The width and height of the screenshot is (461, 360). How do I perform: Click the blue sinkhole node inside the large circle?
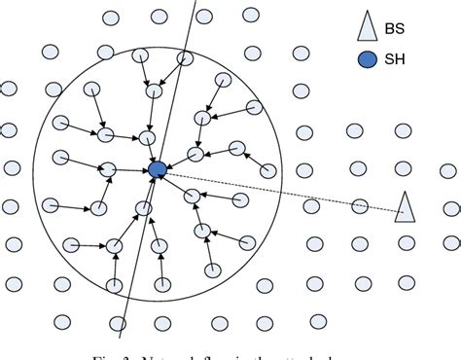click(x=158, y=170)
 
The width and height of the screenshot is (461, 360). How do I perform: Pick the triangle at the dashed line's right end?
click(x=405, y=206)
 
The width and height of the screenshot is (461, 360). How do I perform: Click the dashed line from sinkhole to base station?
click(x=253, y=187)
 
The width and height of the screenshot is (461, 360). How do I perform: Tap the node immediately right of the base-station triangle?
click(x=450, y=208)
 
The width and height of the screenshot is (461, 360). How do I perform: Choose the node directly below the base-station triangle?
click(x=407, y=243)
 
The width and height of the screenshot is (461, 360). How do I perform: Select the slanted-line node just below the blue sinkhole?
click(x=145, y=207)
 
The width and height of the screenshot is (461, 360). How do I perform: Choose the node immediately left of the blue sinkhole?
click(x=108, y=170)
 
